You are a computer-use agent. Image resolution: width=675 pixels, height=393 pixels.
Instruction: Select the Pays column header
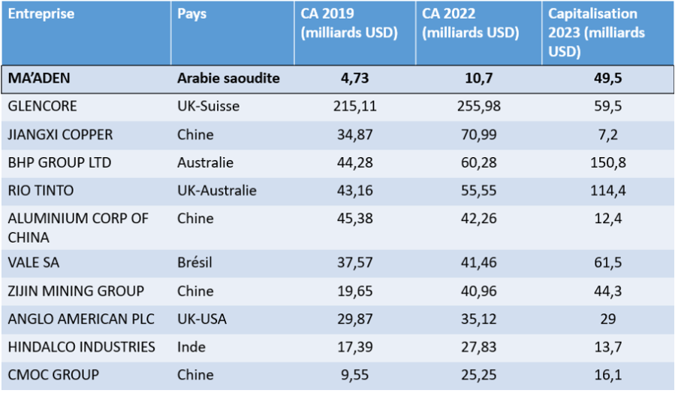[192, 14]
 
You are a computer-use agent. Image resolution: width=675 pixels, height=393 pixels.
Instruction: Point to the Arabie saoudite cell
[228, 78]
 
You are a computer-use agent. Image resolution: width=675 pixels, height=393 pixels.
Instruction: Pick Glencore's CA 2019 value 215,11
[354, 106]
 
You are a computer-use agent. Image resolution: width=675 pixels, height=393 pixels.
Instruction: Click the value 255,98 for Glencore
[478, 106]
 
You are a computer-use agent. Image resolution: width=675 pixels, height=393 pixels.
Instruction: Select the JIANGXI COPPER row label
[60, 135]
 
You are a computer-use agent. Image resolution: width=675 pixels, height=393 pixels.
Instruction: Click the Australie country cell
[205, 162]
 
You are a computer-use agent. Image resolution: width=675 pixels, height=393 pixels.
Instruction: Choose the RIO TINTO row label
[41, 191]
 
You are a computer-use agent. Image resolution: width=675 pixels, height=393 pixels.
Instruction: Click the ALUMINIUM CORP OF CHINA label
[78, 228]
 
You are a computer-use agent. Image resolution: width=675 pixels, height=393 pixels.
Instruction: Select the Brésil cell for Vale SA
[195, 263]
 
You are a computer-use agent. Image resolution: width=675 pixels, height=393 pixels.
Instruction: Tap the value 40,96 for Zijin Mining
[478, 291]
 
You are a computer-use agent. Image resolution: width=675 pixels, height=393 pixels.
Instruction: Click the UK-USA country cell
[201, 319]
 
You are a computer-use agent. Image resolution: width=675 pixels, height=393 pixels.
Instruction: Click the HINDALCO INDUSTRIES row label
[81, 346]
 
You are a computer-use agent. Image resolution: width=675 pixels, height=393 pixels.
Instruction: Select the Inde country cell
[191, 346]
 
